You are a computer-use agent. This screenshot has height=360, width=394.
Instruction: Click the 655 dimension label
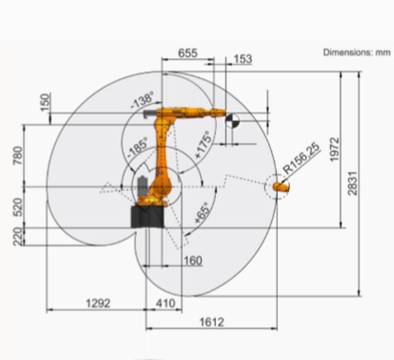pyautogui.click(x=188, y=53)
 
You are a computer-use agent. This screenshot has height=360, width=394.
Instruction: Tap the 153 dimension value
pyautogui.click(x=242, y=59)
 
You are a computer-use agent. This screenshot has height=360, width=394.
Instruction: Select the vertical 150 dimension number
pyautogui.click(x=45, y=102)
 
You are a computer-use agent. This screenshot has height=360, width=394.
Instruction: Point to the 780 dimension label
pyautogui.click(x=18, y=156)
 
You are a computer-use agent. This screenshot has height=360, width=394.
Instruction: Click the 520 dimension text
pyautogui.click(x=18, y=207)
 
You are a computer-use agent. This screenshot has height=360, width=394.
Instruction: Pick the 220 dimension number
pyautogui.click(x=18, y=236)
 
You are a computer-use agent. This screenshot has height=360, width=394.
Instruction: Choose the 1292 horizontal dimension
pyautogui.click(x=98, y=303)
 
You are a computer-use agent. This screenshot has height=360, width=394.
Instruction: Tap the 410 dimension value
pyautogui.click(x=165, y=303)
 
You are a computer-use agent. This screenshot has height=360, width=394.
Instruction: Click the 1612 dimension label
pyautogui.click(x=211, y=322)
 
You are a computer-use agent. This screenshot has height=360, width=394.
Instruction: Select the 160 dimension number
pyautogui.click(x=193, y=260)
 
